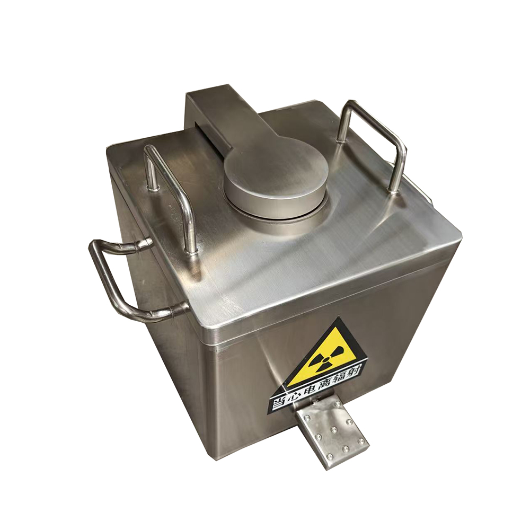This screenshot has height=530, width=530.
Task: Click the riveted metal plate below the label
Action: point(331,432)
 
